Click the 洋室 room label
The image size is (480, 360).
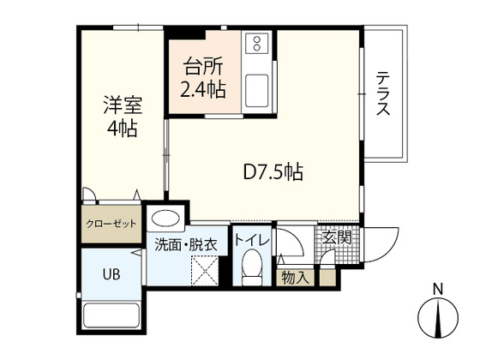[x=123, y=105]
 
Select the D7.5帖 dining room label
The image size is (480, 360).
[x=273, y=172]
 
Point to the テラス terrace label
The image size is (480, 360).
[x=383, y=93]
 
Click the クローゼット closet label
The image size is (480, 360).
[x=111, y=224]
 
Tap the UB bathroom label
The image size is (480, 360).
[x=111, y=274]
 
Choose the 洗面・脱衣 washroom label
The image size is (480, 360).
[x=186, y=244]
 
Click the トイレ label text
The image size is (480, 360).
[x=252, y=240]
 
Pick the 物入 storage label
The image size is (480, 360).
[x=294, y=278]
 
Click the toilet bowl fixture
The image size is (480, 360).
[x=252, y=267]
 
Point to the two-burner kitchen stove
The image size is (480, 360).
[x=257, y=44]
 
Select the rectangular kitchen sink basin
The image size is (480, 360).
[x=257, y=91]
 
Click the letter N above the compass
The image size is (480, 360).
[x=438, y=290]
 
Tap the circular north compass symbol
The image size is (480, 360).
[x=438, y=317]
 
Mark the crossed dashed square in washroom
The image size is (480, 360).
[x=205, y=271]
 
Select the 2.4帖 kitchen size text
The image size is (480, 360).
[x=203, y=90]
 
